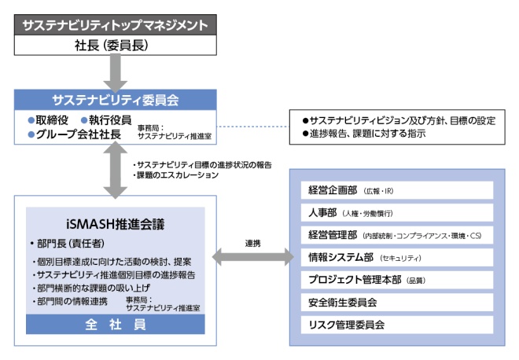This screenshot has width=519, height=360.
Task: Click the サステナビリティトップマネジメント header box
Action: (x=115, y=24)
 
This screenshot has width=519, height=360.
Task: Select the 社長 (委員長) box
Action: (x=115, y=45)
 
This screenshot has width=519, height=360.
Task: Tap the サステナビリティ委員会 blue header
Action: (x=115, y=100)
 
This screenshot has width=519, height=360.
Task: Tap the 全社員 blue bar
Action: (x=115, y=324)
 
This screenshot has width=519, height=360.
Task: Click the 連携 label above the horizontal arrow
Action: (x=252, y=243)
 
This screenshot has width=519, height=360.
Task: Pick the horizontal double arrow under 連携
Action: (x=252, y=257)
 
